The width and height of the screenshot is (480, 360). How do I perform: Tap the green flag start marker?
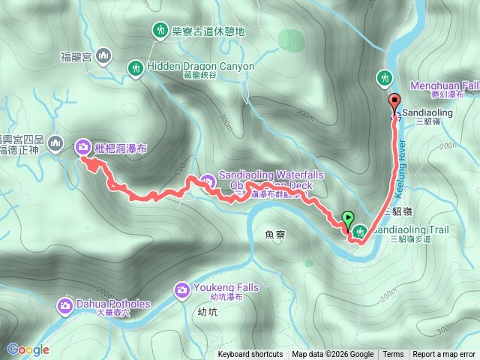click(x=348, y=219)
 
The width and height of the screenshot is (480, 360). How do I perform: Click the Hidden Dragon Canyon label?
click(x=201, y=66)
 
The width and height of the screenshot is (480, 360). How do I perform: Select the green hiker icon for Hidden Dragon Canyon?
click(x=135, y=68)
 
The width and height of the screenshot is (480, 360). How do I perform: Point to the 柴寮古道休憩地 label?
click(x=208, y=31)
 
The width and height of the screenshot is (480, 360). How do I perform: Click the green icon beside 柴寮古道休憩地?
click(x=160, y=31)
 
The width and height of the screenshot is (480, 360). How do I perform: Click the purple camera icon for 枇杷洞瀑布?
click(x=82, y=146)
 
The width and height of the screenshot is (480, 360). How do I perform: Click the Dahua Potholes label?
click(x=113, y=304)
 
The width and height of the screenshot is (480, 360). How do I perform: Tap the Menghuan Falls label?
click(x=444, y=85)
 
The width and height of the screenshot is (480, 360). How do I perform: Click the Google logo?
click(x=28, y=349)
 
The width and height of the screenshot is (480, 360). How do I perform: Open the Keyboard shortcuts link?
click(x=250, y=355)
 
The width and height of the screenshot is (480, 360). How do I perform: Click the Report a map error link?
click(x=444, y=355)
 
